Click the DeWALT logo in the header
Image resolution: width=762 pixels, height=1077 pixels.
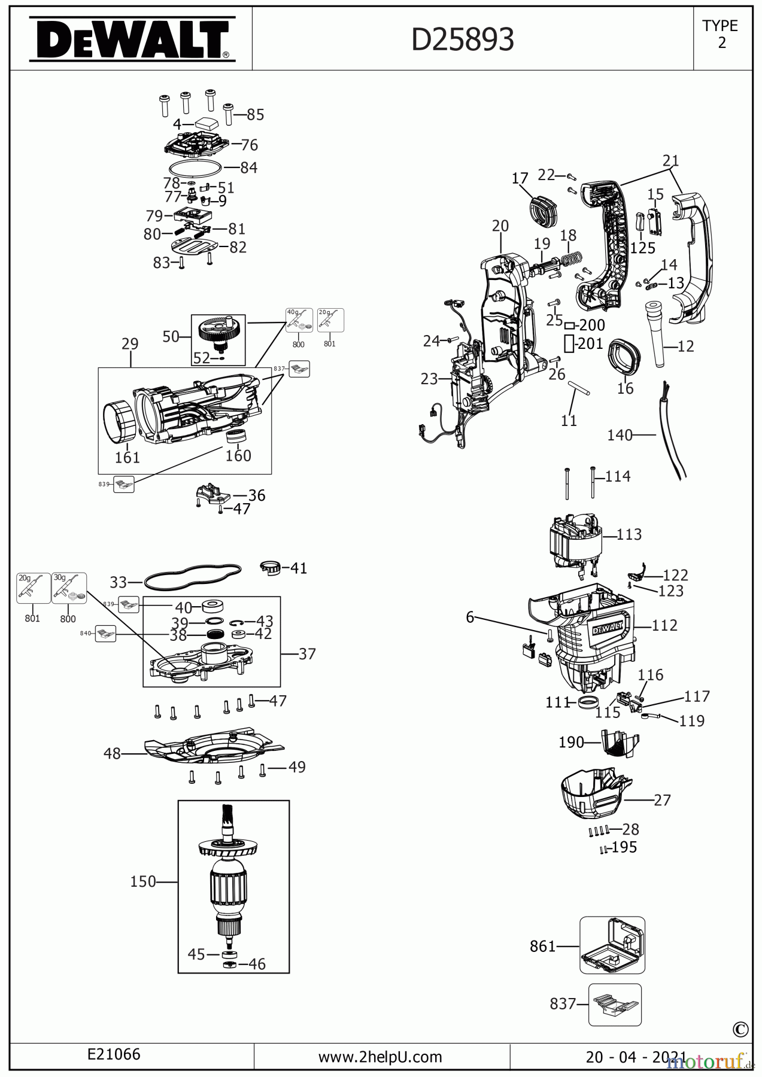coord(132,39)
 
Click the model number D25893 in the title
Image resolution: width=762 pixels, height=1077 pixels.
coord(463,40)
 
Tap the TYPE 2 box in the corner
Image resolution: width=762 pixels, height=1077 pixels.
coord(721,35)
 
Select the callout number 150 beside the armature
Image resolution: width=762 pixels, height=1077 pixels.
coord(142,881)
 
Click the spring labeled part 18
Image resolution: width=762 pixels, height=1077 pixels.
coord(570,260)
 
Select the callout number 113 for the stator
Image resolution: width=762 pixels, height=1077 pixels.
coord(629,534)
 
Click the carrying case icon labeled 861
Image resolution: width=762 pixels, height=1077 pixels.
coord(612,945)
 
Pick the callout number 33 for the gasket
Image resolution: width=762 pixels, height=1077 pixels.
coord(119,582)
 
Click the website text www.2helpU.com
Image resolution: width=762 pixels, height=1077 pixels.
coord(380,1057)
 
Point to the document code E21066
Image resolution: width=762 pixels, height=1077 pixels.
coord(114,1054)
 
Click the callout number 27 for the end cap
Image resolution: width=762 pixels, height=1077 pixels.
coord(662,799)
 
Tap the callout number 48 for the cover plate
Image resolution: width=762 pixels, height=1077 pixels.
coord(112,753)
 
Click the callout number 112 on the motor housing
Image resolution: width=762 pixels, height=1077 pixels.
coord(664,625)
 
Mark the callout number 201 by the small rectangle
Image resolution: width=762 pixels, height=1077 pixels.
coord(591,344)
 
